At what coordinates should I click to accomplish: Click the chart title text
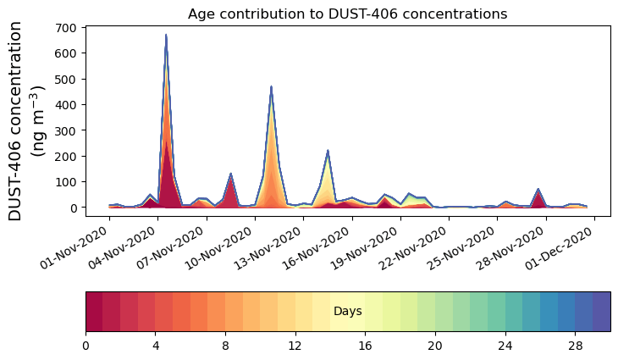(347, 14)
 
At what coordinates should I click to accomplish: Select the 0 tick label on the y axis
(74, 208)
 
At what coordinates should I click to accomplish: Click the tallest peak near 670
(166, 36)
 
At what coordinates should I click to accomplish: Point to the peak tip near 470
(271, 86)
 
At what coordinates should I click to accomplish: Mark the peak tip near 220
(328, 151)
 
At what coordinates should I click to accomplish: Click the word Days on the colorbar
(347, 312)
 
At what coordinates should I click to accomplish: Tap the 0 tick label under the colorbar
(86, 346)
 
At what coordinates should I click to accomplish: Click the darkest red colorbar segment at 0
(94, 312)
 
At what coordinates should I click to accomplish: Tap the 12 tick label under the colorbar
(295, 346)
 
